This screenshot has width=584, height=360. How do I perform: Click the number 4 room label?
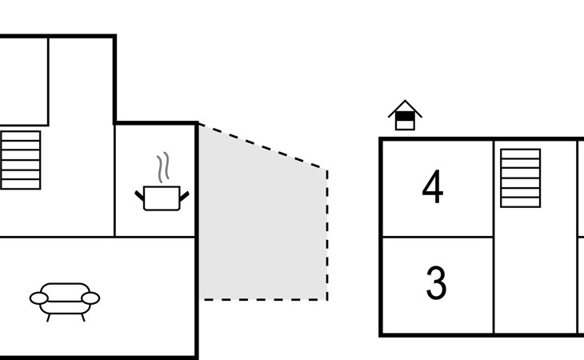[x=433, y=186]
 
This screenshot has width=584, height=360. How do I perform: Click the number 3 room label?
[x=436, y=282]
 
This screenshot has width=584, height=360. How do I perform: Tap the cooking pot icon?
[x=162, y=198]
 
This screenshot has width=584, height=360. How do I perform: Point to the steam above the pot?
[x=163, y=167]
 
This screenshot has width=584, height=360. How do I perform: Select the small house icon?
[x=405, y=115]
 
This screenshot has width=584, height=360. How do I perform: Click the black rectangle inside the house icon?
[x=405, y=117]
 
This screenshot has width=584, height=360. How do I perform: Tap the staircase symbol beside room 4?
[x=520, y=178]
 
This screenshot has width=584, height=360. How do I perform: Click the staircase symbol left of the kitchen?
[x=21, y=160]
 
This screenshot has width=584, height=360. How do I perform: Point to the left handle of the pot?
[x=139, y=196]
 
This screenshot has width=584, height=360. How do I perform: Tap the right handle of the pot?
[x=184, y=196]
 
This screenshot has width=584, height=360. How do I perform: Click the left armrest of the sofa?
[x=38, y=298]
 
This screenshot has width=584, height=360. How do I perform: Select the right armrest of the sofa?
[x=90, y=298]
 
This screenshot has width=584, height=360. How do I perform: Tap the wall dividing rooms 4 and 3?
[x=438, y=237]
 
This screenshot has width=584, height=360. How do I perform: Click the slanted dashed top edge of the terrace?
[x=263, y=146]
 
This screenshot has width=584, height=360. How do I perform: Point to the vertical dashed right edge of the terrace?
[x=327, y=234]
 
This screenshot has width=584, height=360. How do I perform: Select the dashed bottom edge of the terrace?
[x=263, y=299]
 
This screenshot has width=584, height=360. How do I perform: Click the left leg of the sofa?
[x=49, y=318]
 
